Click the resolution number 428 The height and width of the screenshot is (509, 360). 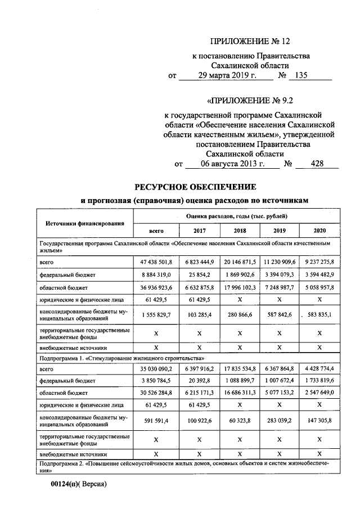coord(317,164)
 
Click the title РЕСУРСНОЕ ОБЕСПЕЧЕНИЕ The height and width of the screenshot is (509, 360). coord(195,186)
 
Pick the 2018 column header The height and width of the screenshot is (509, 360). coord(240,231)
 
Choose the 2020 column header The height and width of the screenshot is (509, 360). coord(319,231)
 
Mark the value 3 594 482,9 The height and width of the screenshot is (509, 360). coord(319,274)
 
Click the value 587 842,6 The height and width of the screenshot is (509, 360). coord(280,315)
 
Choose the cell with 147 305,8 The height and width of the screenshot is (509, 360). coord(319,420)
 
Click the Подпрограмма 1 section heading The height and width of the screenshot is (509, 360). coord(121,357)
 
